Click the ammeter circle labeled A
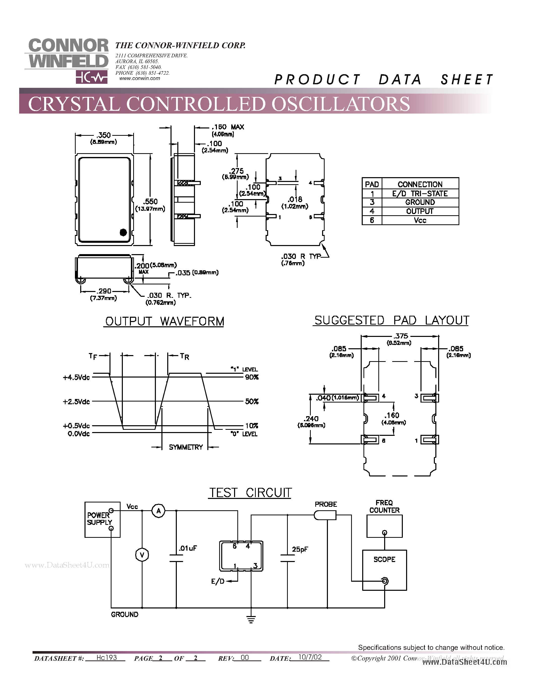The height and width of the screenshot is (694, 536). click(158, 511)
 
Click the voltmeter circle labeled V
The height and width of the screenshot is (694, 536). click(142, 555)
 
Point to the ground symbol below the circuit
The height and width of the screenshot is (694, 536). click(251, 619)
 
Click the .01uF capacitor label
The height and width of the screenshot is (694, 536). click(188, 548)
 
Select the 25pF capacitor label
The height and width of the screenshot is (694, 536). click(300, 549)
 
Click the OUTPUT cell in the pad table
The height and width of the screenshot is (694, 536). click(420, 211)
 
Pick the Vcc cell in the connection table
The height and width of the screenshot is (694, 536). click(420, 221)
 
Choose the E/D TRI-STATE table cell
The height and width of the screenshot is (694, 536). click(420, 194)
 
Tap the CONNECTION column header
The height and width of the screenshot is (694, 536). click(420, 184)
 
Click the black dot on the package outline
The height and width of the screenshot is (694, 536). click(123, 232)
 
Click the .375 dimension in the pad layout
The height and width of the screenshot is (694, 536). click(401, 336)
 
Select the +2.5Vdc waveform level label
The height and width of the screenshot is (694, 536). click(76, 402)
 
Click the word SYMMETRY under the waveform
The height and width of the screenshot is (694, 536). click(186, 447)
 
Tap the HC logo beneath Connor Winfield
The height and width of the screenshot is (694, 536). click(92, 77)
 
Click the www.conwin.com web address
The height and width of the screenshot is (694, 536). click(140, 78)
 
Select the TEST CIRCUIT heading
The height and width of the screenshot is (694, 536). click(250, 493)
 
